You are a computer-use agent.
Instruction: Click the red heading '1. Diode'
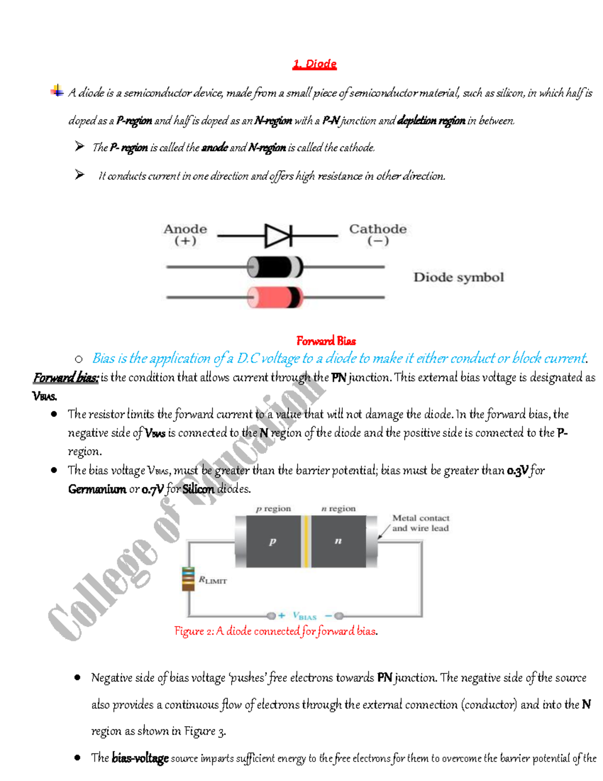point(315,64)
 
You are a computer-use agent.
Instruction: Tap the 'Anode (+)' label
point(185,234)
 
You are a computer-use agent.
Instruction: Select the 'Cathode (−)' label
point(377,234)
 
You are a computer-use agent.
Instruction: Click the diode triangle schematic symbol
point(278,235)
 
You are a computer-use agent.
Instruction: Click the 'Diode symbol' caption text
point(458,277)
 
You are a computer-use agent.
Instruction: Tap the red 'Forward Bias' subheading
point(326,341)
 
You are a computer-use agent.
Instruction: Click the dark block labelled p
point(273,542)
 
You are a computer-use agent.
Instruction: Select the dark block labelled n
point(338,542)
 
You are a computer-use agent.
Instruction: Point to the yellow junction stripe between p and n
point(306,542)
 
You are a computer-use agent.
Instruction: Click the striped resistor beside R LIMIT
point(188,579)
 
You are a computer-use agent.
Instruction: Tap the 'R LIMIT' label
point(213,580)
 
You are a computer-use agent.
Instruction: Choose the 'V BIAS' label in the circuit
point(305,616)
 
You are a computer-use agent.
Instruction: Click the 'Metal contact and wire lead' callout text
point(420,523)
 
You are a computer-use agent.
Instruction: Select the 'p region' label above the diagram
point(273,508)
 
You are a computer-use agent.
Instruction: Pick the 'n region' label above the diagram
point(338,508)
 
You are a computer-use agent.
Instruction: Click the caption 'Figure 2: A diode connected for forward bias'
point(276,631)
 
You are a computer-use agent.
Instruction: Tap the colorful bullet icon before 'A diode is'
point(57,91)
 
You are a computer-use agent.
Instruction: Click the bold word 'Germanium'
point(97,489)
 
